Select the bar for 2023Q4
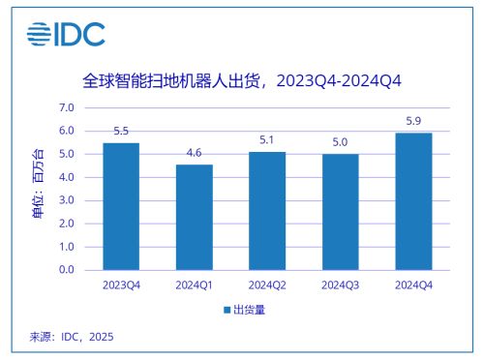coord(121,206)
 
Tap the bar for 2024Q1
coord(195,217)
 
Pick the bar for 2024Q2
coord(267,211)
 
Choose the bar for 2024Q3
coord(340,212)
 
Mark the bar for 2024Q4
coord(413,201)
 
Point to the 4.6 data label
coord(195,153)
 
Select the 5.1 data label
coord(267,141)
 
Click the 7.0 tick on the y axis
coord(67,107)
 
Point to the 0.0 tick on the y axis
coord(67,270)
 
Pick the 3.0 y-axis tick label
coord(67,200)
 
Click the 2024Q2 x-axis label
coord(267,285)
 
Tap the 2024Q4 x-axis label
coord(413,285)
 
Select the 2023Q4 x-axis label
coord(121,285)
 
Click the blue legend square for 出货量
coord(227,311)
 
